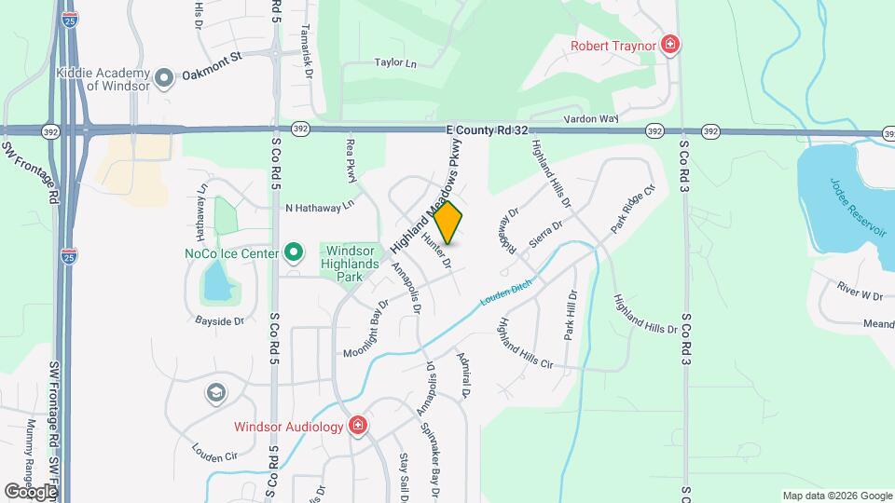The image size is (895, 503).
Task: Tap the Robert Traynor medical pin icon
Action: (x=669, y=44)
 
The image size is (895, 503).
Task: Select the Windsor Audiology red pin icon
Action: (x=357, y=426)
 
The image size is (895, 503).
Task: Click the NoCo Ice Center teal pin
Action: (x=294, y=252)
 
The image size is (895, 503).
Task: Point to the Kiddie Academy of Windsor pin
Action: (x=164, y=79)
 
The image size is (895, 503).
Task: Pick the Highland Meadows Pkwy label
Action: (x=427, y=196)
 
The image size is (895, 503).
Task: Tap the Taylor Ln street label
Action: (x=394, y=63)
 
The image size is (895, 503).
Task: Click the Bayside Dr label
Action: (x=218, y=321)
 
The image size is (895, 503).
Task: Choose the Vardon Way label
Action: (x=590, y=118)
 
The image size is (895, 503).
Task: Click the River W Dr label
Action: (x=859, y=295)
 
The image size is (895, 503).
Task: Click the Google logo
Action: (x=30, y=491)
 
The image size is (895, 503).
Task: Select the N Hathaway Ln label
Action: (x=320, y=206)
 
